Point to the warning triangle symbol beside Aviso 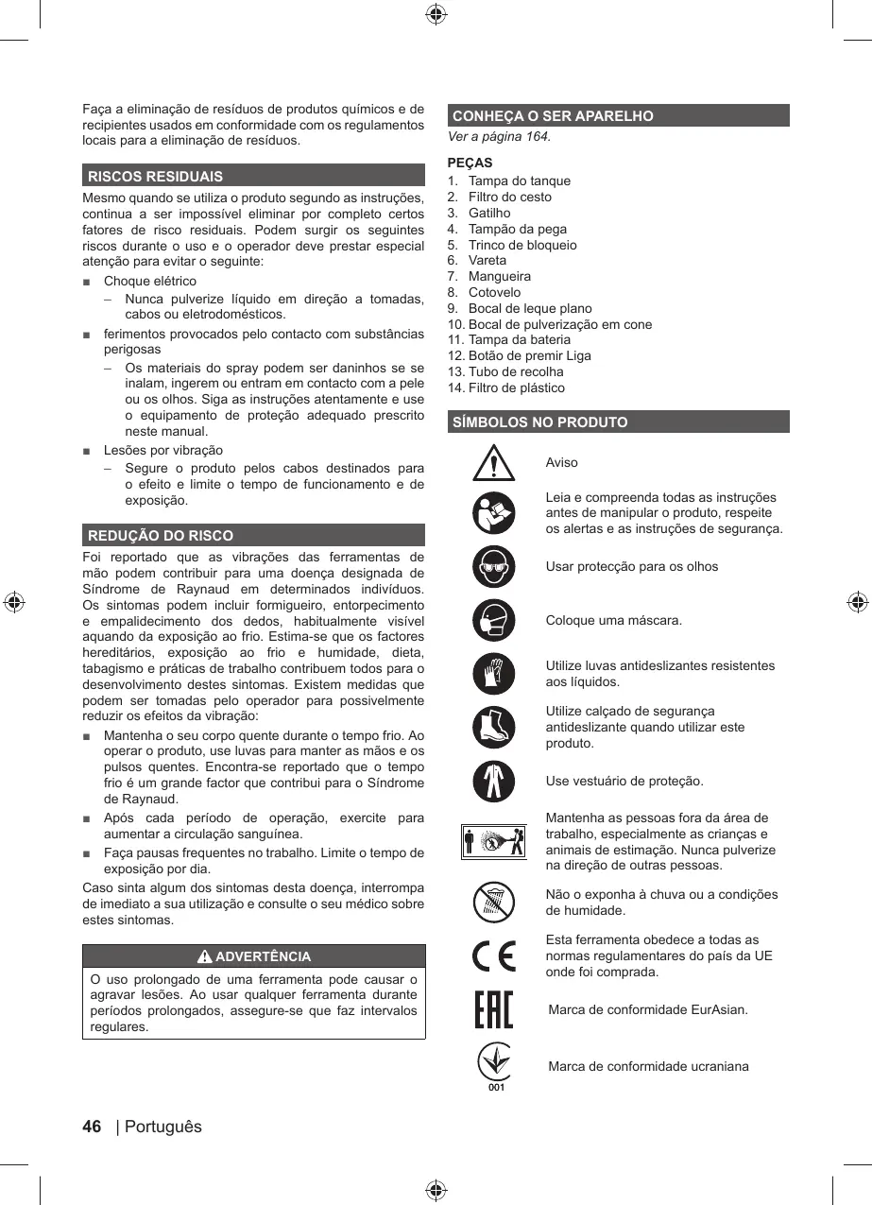pyautogui.click(x=494, y=462)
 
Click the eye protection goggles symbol pyautogui.click(x=494, y=567)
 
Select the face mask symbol pyautogui.click(x=494, y=621)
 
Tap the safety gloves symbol pyautogui.click(x=494, y=674)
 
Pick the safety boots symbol pyautogui.click(x=494, y=727)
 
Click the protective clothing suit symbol pyautogui.click(x=494, y=781)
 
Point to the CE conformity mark pyautogui.click(x=494, y=955)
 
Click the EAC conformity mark pyautogui.click(x=494, y=1009)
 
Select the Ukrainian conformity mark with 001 pyautogui.click(x=494, y=1066)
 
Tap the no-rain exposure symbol pyautogui.click(x=494, y=902)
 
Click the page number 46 pyautogui.click(x=92, y=1127)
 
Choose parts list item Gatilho pyautogui.click(x=489, y=213)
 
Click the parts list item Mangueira pyautogui.click(x=499, y=276)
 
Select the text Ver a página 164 pyautogui.click(x=500, y=137)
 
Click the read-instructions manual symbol pyautogui.click(x=494, y=513)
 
